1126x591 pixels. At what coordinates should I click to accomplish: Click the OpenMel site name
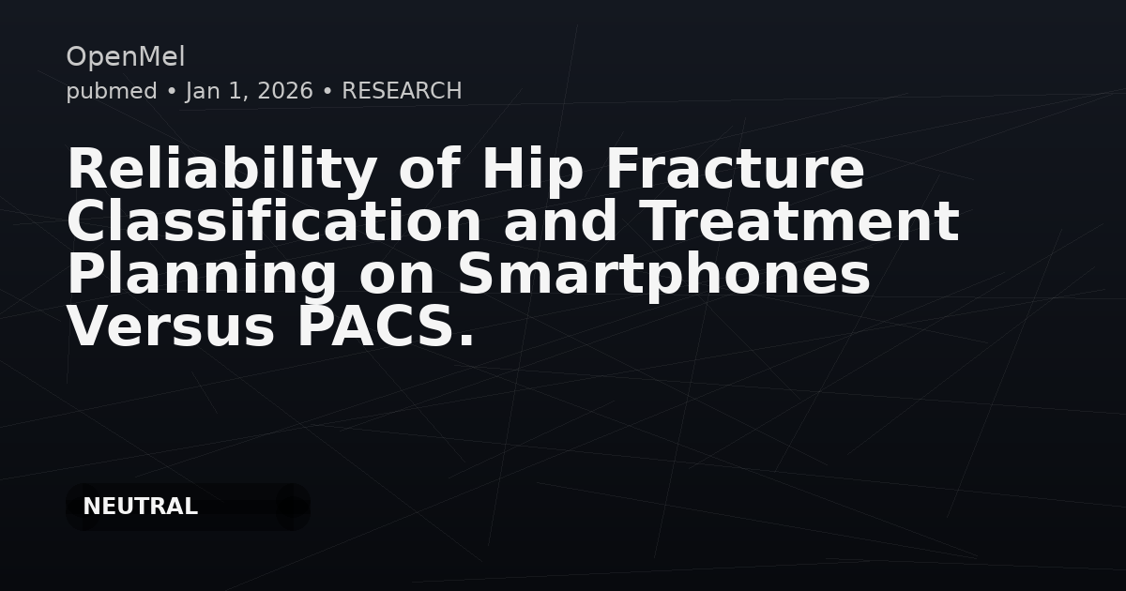click(125, 57)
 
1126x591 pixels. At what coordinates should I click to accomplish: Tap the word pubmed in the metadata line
click(112, 91)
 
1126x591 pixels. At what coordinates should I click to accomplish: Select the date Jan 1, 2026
click(250, 91)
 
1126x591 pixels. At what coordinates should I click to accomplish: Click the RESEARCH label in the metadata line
click(402, 91)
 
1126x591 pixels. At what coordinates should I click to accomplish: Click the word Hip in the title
click(534, 171)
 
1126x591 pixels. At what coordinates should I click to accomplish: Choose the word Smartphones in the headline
click(663, 276)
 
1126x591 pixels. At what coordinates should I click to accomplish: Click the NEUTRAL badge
click(141, 507)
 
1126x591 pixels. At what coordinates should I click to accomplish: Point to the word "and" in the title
click(560, 223)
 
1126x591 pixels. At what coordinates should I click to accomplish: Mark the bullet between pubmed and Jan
click(172, 91)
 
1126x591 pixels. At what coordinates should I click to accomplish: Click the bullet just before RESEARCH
click(327, 91)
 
